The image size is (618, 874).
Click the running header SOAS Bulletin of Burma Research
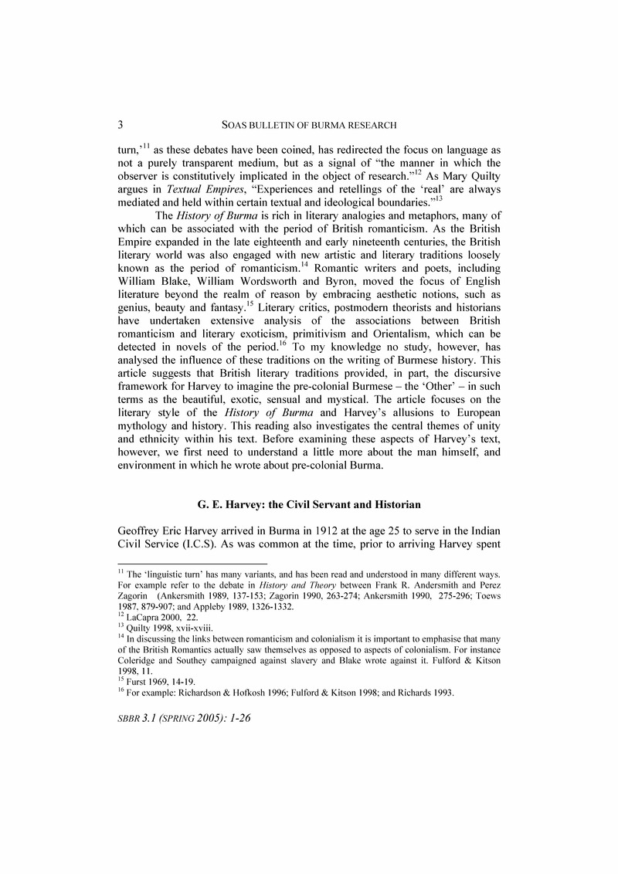coord(309,124)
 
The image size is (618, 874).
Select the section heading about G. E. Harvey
coord(309,504)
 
